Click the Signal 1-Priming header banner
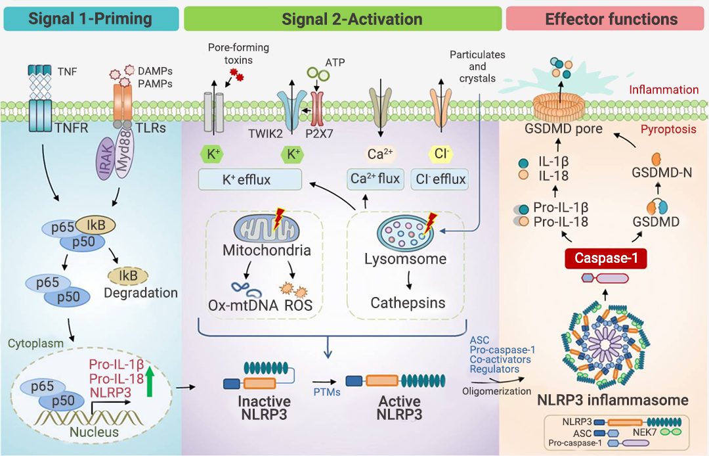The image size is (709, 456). click(x=91, y=18)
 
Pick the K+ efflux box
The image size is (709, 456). click(x=250, y=179)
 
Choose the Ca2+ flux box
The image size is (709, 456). click(x=374, y=179)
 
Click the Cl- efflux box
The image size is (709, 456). click(x=440, y=179)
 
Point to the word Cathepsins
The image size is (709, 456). click(x=408, y=303)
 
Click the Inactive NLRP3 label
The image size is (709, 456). click(x=265, y=408)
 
